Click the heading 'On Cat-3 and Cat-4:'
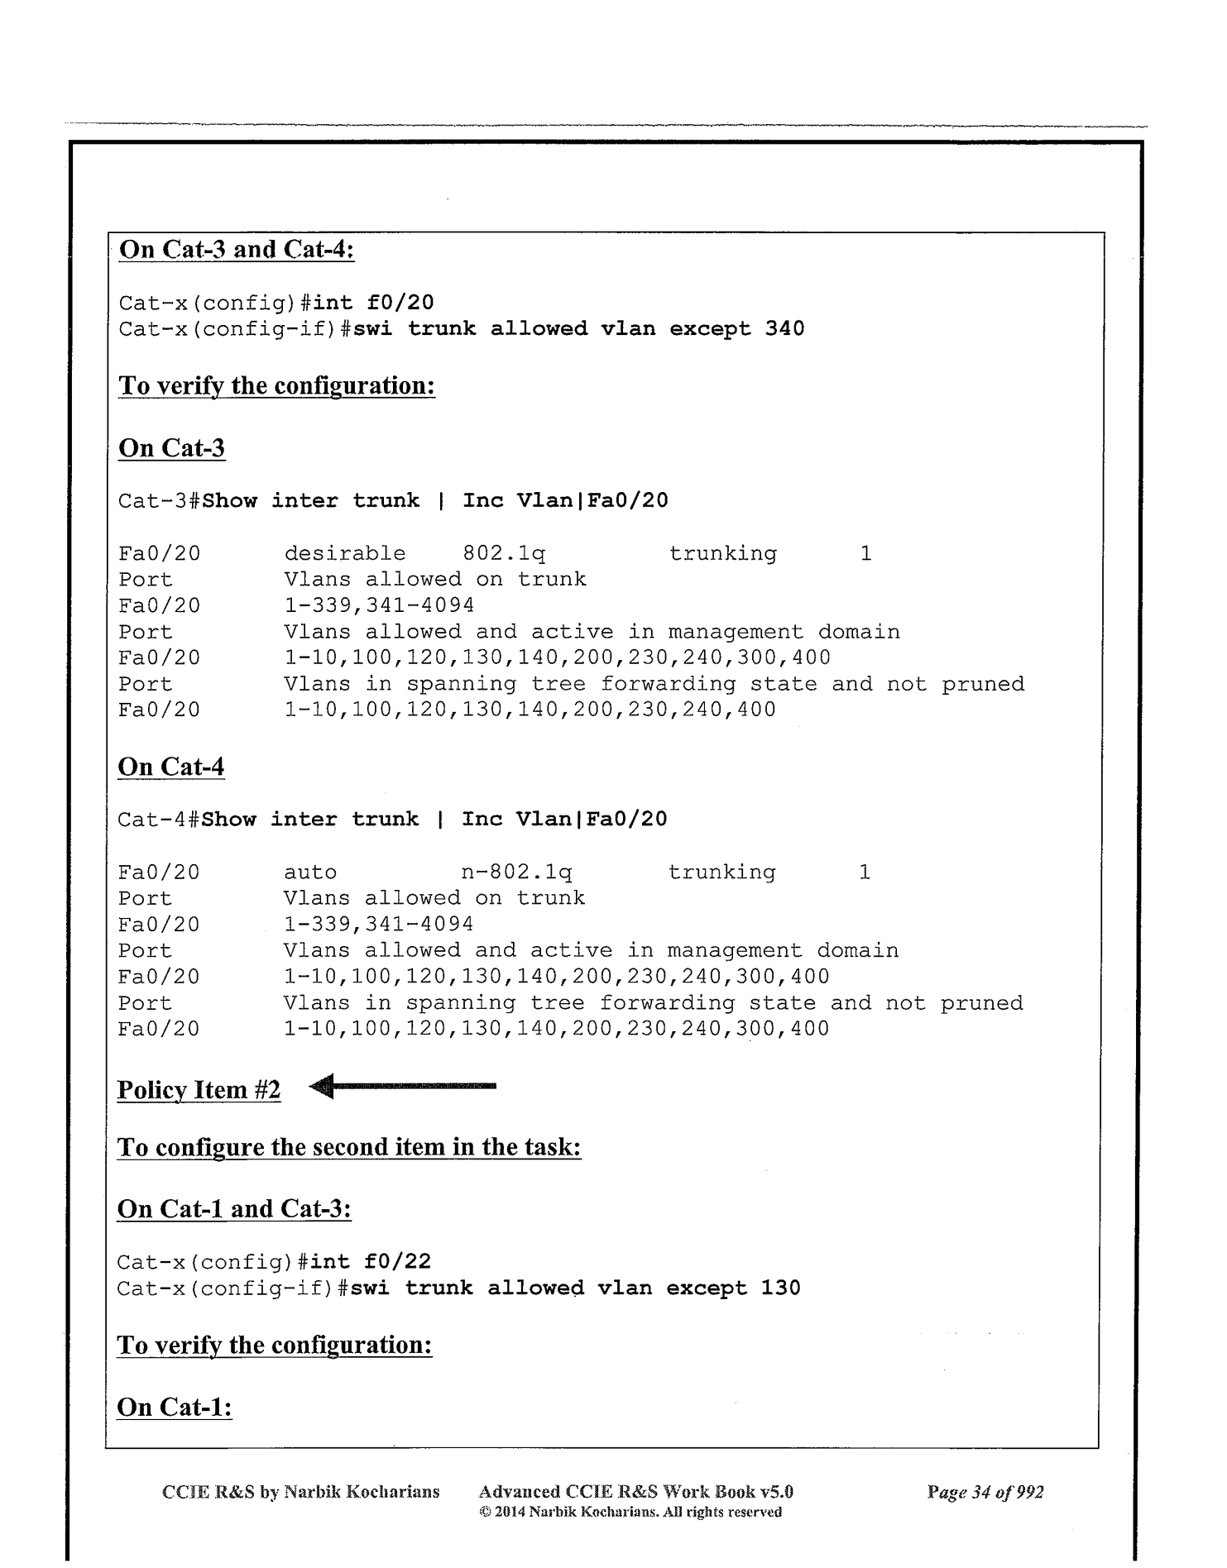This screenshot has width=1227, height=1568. pos(237,250)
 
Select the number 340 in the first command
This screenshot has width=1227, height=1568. pos(784,329)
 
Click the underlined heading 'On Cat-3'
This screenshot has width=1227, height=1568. pos(171,448)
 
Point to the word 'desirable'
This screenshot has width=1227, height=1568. pos(345,553)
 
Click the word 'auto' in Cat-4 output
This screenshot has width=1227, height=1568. pos(310,872)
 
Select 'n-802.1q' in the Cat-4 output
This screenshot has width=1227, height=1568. pos(516,872)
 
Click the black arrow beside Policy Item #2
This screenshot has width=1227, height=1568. pos(404,1086)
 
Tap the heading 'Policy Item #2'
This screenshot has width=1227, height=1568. pos(199,1090)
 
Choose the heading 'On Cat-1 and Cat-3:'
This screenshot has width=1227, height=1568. pos(234,1209)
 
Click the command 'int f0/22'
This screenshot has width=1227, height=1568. pos(371,1261)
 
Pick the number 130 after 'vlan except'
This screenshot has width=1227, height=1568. pos(780,1288)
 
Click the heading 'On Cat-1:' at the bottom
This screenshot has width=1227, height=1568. pos(175,1407)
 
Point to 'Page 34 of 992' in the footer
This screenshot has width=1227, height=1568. pos(985,1492)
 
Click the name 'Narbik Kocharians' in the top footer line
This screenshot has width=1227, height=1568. pos(362,1492)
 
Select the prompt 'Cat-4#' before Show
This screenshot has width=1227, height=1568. pos(159,820)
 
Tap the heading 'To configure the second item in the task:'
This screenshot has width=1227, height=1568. pos(349,1148)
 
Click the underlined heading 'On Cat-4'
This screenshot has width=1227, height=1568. pos(170,767)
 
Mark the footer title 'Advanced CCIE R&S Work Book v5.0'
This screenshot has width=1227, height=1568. pos(635,1492)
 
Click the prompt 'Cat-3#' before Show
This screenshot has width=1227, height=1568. pos(160,501)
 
